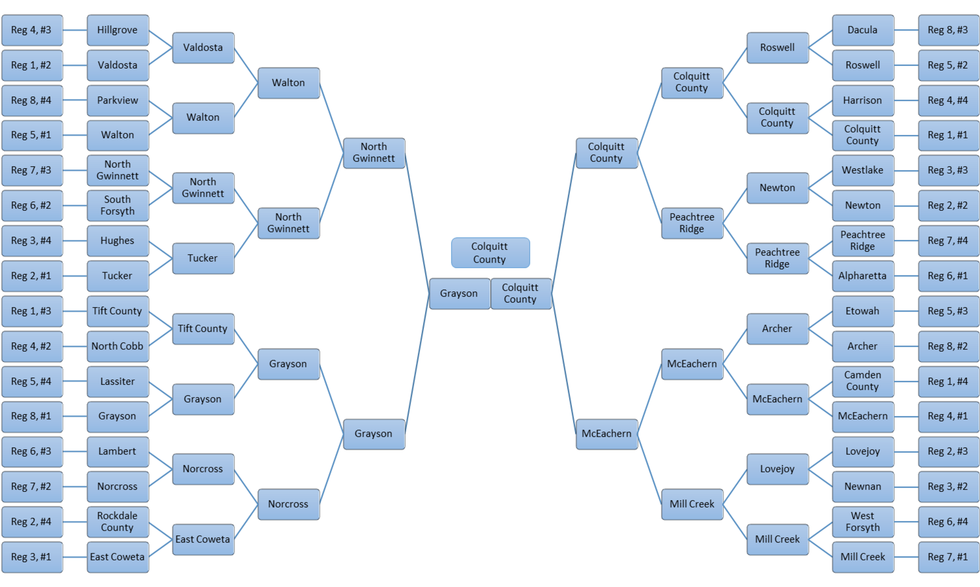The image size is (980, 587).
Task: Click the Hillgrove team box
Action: tap(117, 30)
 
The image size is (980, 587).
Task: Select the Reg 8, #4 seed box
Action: tap(32, 100)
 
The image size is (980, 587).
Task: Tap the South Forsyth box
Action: tap(117, 205)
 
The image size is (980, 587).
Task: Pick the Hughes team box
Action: tap(117, 240)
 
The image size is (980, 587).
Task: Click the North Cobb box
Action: tap(117, 346)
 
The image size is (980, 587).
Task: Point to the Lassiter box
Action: tap(117, 381)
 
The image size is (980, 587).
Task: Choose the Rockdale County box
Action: tap(117, 522)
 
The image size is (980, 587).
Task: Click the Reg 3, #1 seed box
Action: tap(32, 557)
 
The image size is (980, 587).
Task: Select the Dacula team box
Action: tap(863, 30)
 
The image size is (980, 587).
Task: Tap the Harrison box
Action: tap(863, 100)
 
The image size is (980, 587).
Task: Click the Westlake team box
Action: tap(863, 170)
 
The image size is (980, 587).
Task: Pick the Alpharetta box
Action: tap(863, 276)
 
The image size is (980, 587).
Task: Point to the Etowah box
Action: tap(863, 311)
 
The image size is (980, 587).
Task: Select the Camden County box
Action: tap(863, 381)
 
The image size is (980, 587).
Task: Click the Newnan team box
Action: tap(863, 487)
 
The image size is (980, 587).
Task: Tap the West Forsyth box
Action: tap(863, 522)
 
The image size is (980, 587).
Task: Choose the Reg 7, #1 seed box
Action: tap(948, 557)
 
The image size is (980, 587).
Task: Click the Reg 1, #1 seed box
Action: tap(948, 135)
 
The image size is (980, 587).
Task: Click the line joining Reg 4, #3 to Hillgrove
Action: tap(75, 30)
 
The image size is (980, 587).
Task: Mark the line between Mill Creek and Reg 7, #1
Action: tap(906, 557)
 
